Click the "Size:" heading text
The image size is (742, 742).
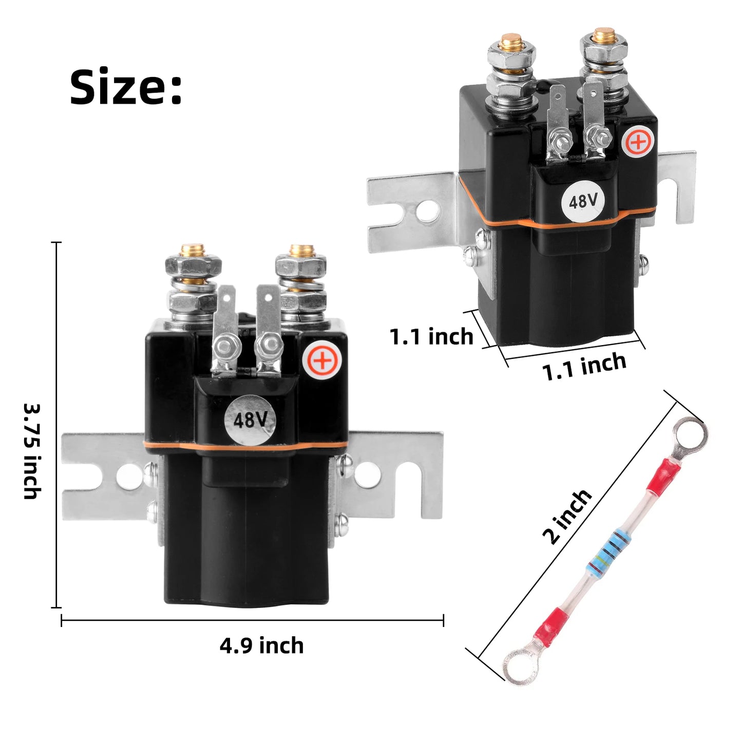pyautogui.click(x=125, y=87)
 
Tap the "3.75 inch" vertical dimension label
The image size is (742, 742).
pyautogui.click(x=32, y=451)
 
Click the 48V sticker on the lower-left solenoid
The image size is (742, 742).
pyautogui.click(x=250, y=420)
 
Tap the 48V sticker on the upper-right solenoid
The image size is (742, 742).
pyautogui.click(x=583, y=201)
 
